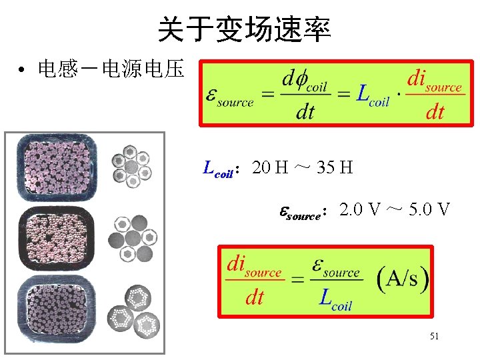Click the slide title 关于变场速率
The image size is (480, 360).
pyautogui.click(x=244, y=30)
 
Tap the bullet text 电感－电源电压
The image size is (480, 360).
pyautogui.click(x=110, y=69)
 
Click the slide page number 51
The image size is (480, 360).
pyautogui.click(x=434, y=337)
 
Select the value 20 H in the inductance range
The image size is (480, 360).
pyautogui.click(x=270, y=167)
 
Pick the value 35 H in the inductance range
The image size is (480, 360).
pyautogui.click(x=335, y=167)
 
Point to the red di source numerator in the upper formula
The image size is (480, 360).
pyautogui.click(x=434, y=81)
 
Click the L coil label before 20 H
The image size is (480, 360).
pyautogui.click(x=218, y=169)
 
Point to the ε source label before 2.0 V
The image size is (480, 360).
pyautogui.click(x=303, y=213)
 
